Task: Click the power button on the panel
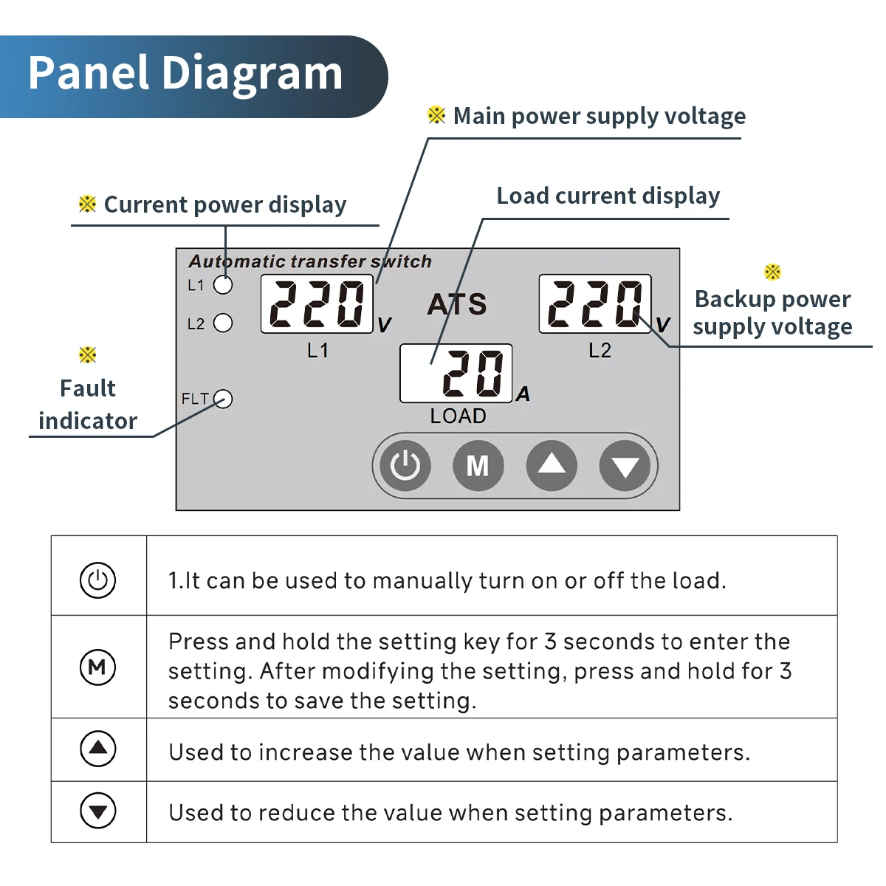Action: [x=405, y=465]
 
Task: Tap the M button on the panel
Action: [x=478, y=465]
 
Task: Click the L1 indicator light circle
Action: [x=223, y=285]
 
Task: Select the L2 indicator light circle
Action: [x=223, y=323]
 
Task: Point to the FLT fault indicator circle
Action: [x=223, y=398]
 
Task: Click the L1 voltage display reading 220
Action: [x=317, y=304]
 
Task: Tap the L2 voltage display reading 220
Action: [x=595, y=304]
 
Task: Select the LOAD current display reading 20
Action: [x=456, y=374]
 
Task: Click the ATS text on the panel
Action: [x=457, y=304]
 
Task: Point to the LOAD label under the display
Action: [x=458, y=416]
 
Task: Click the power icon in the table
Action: [x=98, y=580]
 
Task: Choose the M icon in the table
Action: [x=98, y=667]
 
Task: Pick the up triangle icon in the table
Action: [x=98, y=749]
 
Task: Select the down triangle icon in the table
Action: [x=98, y=811]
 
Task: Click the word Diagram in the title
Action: [x=253, y=74]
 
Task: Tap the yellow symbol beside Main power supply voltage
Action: [x=436, y=115]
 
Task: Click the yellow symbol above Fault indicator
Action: [x=87, y=355]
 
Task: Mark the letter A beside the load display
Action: [x=523, y=394]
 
